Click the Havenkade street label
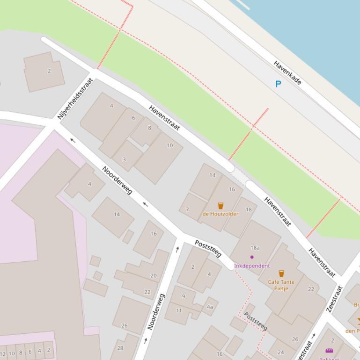tap(287, 72)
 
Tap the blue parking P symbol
tap(278, 84)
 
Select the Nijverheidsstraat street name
tap(75, 99)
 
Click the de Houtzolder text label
tap(220, 214)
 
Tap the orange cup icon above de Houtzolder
tap(220, 206)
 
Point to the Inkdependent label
tap(252, 266)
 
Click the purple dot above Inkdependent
tap(252, 257)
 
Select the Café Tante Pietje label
tap(281, 285)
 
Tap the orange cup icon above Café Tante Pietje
tap(281, 274)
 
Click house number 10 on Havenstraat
tap(169, 145)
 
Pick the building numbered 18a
tap(255, 248)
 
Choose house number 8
tap(149, 128)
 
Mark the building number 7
tap(187, 209)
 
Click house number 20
tap(153, 276)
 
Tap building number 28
tap(120, 348)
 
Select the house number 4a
tap(210, 307)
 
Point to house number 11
tap(179, 310)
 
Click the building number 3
tap(124, 159)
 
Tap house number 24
tap(281, 353)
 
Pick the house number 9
tap(184, 296)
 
